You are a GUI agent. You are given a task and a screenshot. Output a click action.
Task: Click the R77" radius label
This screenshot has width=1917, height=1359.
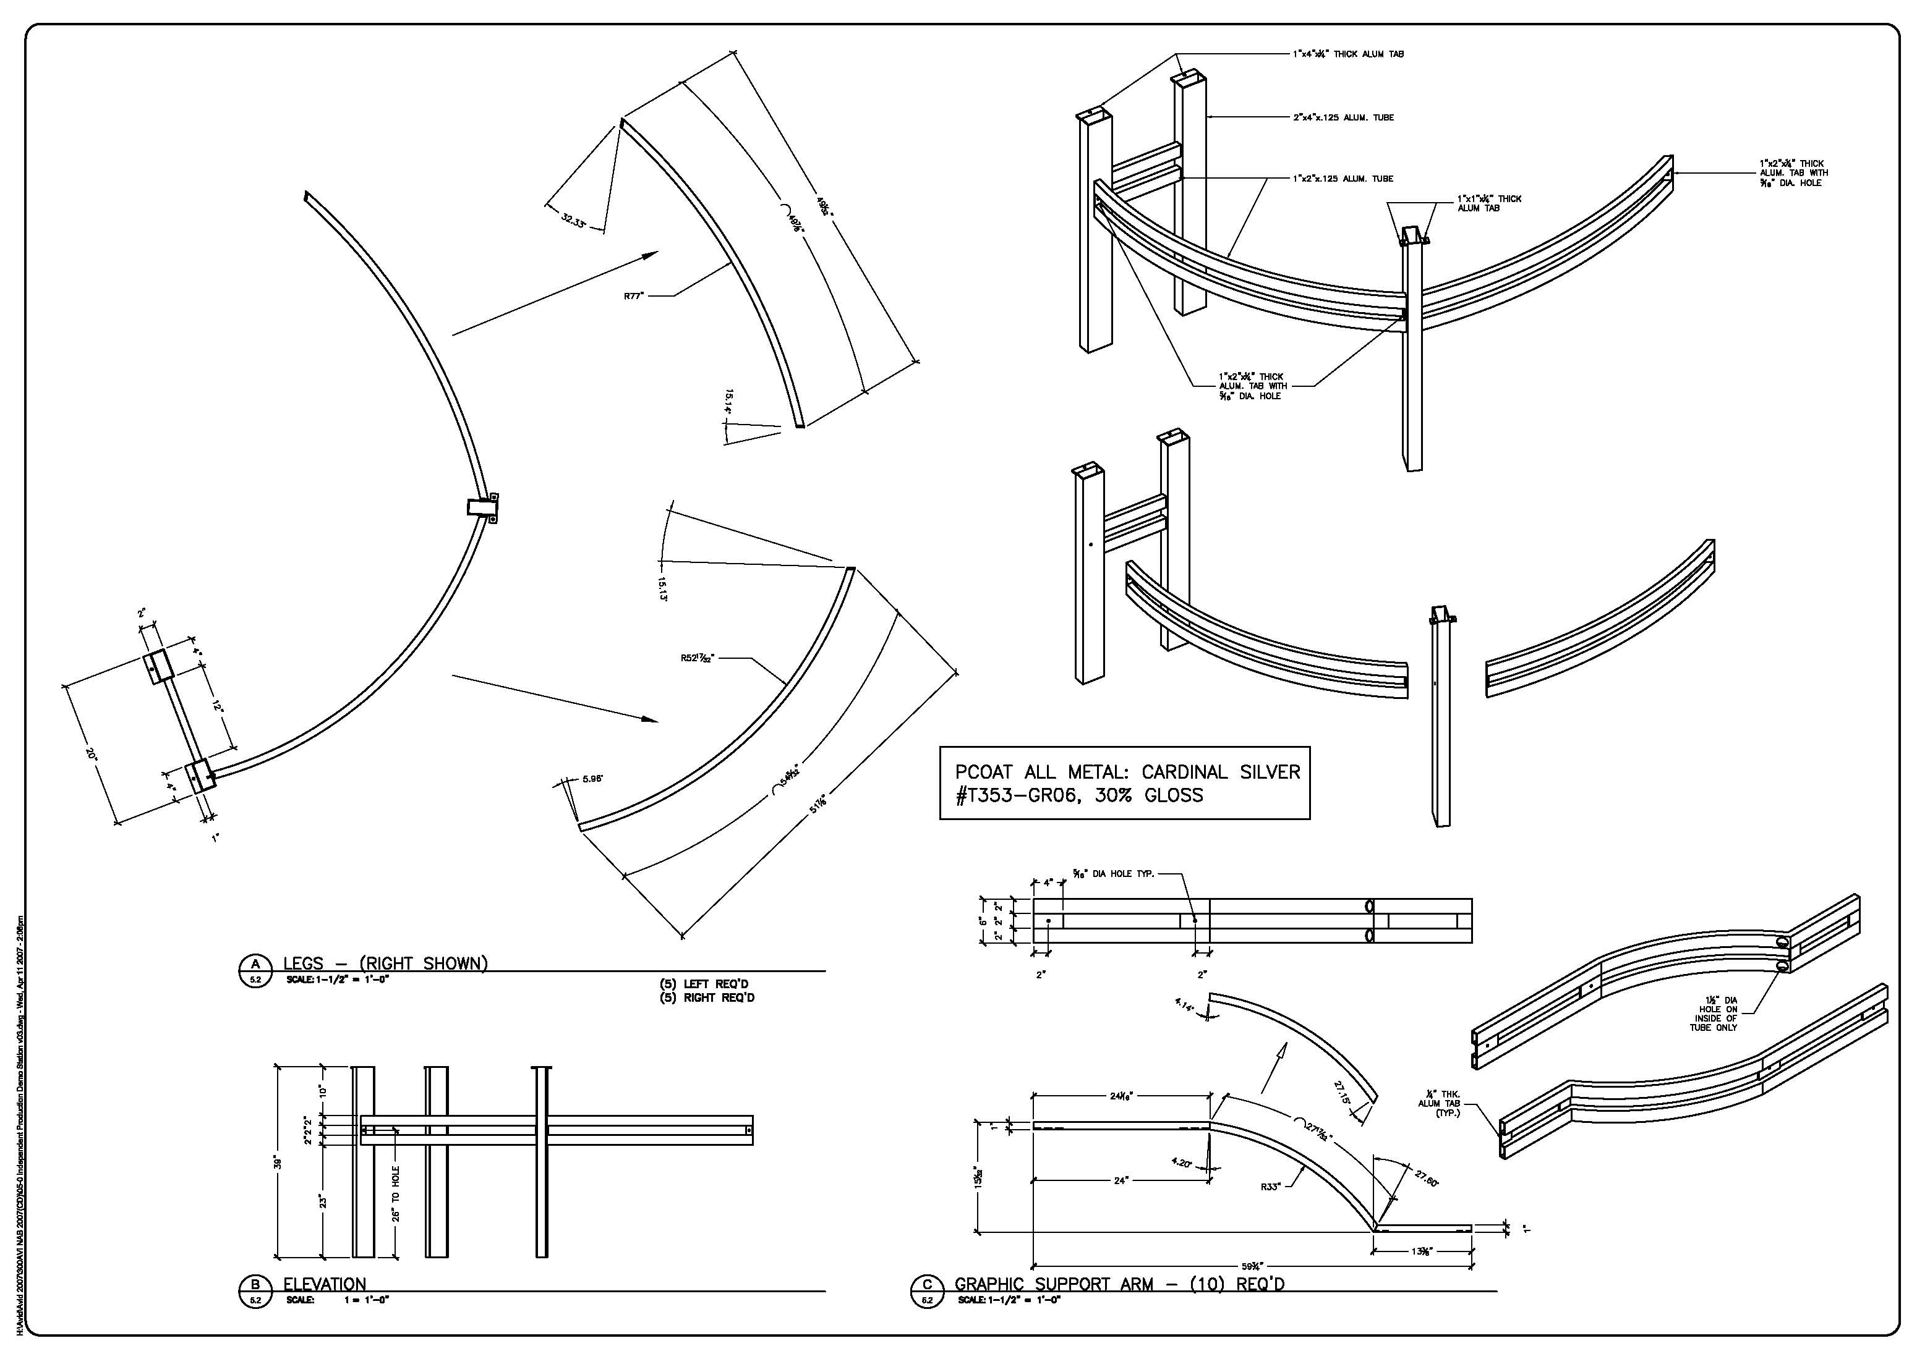(634, 295)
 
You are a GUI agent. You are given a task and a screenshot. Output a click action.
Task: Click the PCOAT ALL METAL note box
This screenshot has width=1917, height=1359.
(1124, 783)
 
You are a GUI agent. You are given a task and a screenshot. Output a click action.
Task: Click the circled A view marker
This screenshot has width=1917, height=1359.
(255, 970)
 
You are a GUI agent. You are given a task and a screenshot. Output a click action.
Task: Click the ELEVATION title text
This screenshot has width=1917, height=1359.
(325, 1284)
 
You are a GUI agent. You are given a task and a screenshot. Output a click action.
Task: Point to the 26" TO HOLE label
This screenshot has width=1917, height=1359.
(395, 1193)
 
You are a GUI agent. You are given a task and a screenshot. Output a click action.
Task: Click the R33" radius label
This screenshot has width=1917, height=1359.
(1270, 1187)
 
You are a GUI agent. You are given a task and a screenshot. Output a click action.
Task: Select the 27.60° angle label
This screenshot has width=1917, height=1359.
(1427, 1179)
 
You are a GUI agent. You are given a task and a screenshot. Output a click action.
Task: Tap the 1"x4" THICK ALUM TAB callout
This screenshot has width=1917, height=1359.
(1347, 54)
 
